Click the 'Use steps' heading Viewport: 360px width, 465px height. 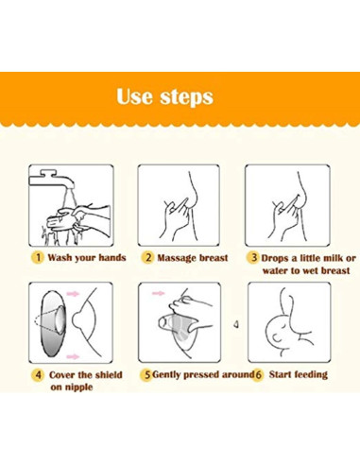click(164, 96)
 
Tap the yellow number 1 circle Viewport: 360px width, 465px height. click(38, 257)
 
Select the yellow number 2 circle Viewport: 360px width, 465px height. click(147, 258)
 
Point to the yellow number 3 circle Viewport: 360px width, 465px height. click(253, 258)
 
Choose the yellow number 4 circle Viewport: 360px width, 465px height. click(38, 375)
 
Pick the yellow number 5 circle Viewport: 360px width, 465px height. click(146, 375)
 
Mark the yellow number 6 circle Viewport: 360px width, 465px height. click(258, 375)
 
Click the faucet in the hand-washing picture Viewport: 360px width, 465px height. click(52, 180)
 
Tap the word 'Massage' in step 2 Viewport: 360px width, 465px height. click(177, 258)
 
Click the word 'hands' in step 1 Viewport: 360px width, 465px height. click(112, 258)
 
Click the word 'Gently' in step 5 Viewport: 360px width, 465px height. click(166, 375)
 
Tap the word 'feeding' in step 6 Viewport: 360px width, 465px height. click(311, 375)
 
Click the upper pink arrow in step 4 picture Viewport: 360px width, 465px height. click(73, 294)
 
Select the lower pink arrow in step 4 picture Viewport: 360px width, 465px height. click(73, 356)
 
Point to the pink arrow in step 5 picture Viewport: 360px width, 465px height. click(159, 293)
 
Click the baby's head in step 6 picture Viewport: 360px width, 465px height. click(277, 333)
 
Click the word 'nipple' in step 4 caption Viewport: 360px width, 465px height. click(72, 387)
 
